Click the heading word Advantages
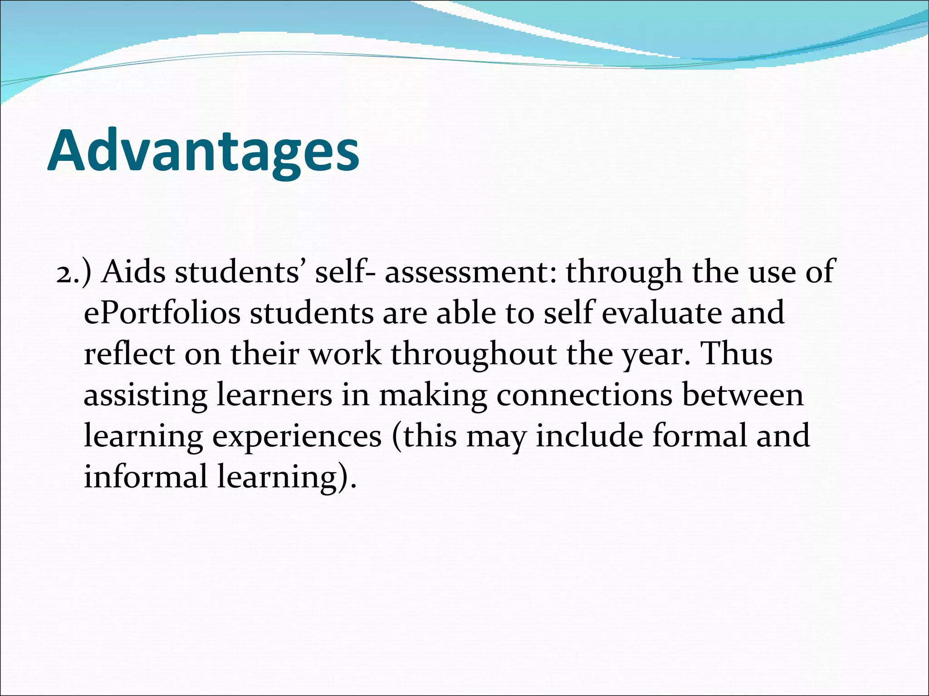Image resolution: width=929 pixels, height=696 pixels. point(204,150)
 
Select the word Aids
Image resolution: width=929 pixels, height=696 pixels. point(133,272)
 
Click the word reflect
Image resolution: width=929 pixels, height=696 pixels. point(129,354)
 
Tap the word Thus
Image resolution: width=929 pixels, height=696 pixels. point(737,354)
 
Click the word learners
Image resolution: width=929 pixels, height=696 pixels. point(274,395)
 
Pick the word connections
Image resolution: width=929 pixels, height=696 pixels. point(584,395)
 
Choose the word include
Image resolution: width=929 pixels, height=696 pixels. point(589,435)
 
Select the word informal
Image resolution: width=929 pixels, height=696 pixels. point(146,476)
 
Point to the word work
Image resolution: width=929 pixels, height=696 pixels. point(345,354)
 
